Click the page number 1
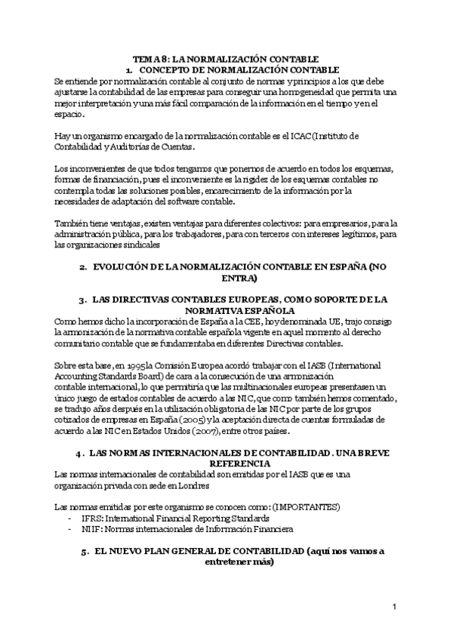[394, 608]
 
